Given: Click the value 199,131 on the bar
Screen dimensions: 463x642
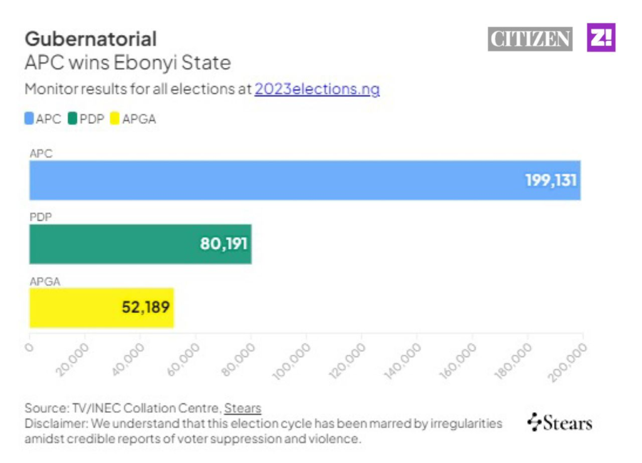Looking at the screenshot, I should tap(550, 181).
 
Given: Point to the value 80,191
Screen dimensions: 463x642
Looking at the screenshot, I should tap(224, 244).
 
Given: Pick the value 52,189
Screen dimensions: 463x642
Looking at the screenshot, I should tap(145, 307).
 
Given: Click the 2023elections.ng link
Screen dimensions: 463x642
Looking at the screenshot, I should tap(317, 89).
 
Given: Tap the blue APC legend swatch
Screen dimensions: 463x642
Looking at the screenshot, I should tap(29, 118).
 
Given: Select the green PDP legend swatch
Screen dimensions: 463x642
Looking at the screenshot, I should tap(73, 118).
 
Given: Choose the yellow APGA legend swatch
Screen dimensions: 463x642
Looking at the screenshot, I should tap(114, 118).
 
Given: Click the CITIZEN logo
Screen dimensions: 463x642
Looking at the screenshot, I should tap(530, 39).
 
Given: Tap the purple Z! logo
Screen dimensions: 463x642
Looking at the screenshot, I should tap(601, 38).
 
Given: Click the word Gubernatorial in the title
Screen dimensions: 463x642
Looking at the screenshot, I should tap(91, 39).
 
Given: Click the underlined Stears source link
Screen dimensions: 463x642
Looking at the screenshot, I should tap(243, 408).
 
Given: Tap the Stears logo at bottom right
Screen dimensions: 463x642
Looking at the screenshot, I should tap(560, 422).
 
